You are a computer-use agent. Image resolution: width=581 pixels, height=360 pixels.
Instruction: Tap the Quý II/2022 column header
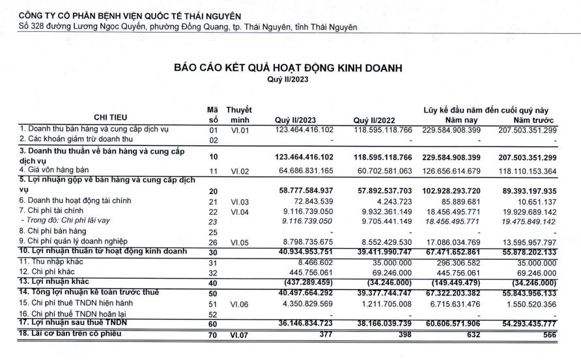[x=373, y=120]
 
